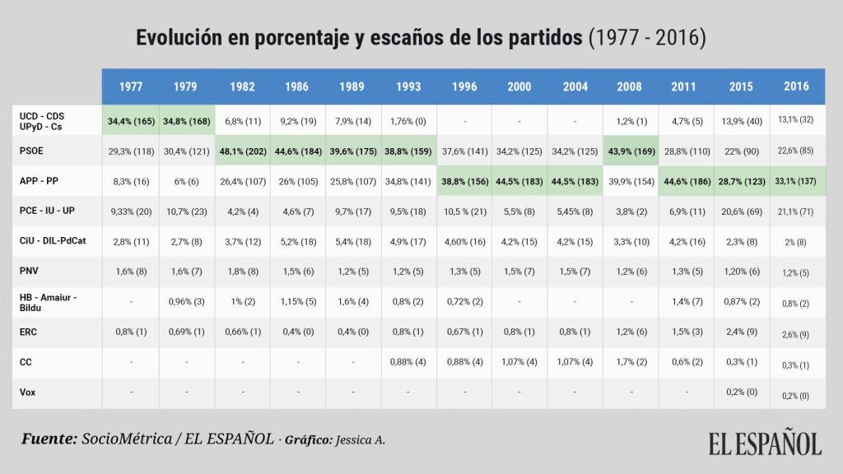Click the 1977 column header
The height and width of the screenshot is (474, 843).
pos(130,86)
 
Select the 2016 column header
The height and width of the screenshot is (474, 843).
pos(796,86)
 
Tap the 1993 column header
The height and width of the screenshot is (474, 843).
pos(408,86)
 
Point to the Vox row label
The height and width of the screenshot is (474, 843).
pos(28,393)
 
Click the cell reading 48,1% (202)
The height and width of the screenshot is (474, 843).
pos(242,151)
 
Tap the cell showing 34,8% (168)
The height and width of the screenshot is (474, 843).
pos(186,121)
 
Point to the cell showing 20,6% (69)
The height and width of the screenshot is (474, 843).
pos(741,211)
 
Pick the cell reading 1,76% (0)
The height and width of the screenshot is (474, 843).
pos(408,121)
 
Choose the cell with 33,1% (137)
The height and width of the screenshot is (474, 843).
pos(796,181)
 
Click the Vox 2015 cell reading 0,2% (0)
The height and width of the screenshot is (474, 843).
pos(741,393)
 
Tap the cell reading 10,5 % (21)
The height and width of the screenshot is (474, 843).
pos(464,211)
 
